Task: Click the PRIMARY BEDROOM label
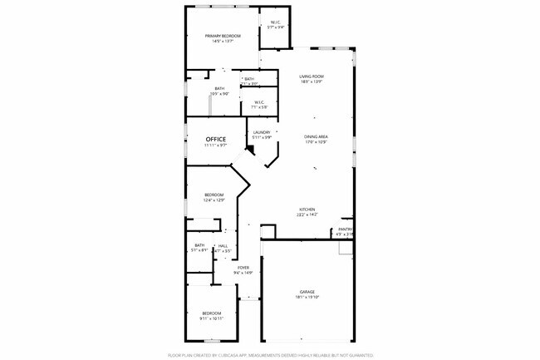pos(223,36)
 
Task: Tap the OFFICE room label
pos(216,139)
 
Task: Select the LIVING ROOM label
pos(312,76)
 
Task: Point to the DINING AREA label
pos(316,136)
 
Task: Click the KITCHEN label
pos(307,210)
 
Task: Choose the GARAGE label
pos(307,292)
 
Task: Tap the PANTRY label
pos(345,229)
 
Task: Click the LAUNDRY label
pos(261,132)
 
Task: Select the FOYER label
pos(243,267)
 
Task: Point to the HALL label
pos(223,245)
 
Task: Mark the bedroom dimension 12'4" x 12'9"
pos(214,200)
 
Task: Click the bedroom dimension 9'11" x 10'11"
pos(212,318)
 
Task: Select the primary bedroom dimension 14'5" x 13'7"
pos(223,41)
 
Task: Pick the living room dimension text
pos(312,81)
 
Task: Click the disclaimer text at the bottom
pos(270,354)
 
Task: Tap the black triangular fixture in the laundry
pos(250,150)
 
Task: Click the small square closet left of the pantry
pos(268,231)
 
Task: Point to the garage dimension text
pos(307,297)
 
